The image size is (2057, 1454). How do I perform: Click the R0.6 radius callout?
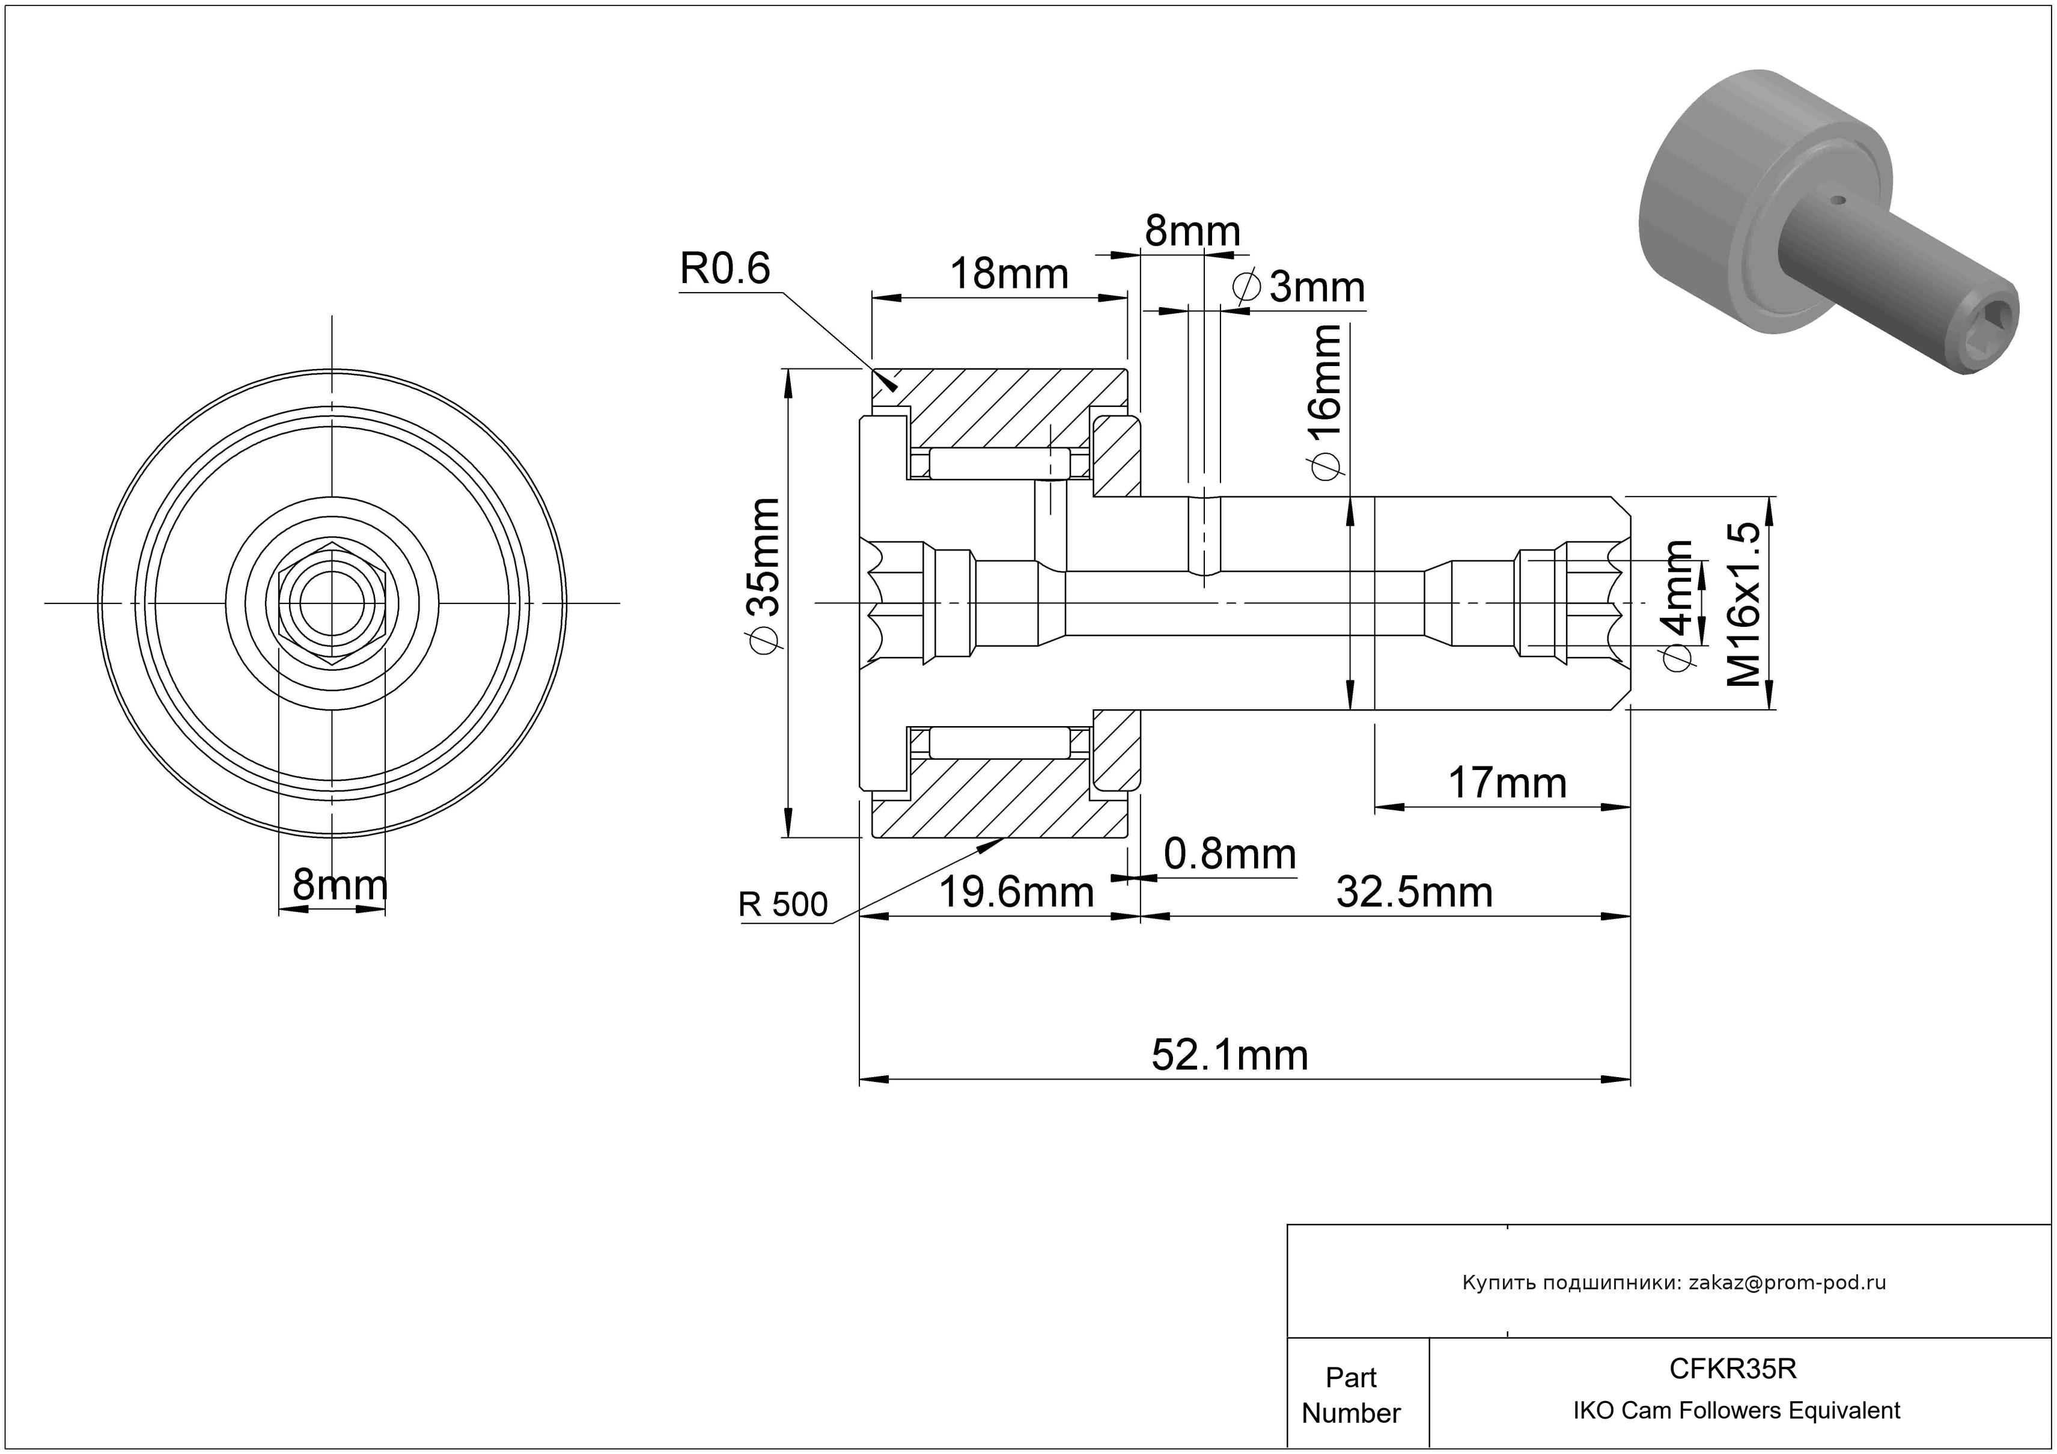tap(725, 268)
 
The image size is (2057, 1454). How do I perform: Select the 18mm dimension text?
tap(1009, 273)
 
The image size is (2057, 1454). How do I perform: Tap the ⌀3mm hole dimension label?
tap(1299, 287)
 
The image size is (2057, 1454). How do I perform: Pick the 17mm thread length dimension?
tap(1507, 783)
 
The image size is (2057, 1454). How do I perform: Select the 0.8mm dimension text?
tap(1229, 855)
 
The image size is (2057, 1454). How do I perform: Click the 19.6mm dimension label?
tap(1016, 892)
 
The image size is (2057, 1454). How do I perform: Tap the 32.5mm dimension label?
tap(1414, 892)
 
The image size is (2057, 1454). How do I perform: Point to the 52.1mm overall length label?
tap(1229, 1055)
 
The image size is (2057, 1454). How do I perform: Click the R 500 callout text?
tap(782, 905)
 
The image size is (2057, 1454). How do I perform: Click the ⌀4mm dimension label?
tap(1677, 604)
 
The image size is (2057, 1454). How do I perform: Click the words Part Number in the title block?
tap(1350, 1395)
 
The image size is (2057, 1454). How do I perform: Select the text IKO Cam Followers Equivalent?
tap(1736, 1411)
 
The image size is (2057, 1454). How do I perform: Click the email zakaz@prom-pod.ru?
tap(1787, 1282)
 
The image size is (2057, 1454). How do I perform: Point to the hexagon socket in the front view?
tap(332, 604)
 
